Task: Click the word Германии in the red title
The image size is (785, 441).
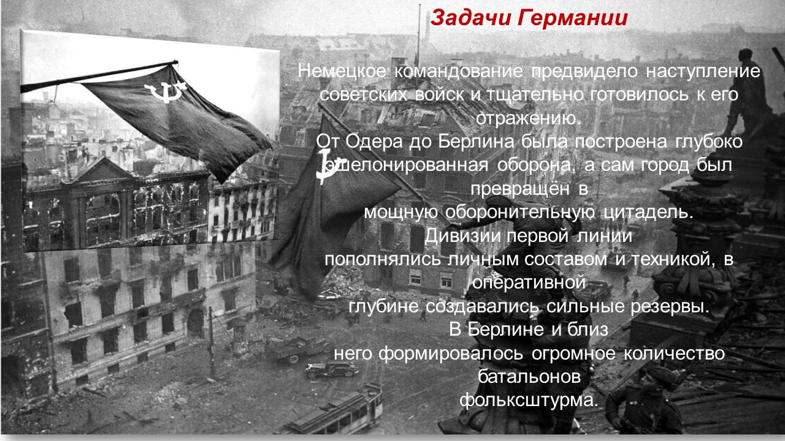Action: coord(572,18)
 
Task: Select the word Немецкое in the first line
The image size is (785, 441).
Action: coord(342,71)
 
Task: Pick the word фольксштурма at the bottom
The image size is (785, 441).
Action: coord(529,401)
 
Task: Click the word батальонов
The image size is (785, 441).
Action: coord(529,377)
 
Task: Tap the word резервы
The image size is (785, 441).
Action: coord(670,306)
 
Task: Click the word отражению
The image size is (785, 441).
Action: coord(529,119)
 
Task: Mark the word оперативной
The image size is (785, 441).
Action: coord(529,283)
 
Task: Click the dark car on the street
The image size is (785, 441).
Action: coord(331,369)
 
